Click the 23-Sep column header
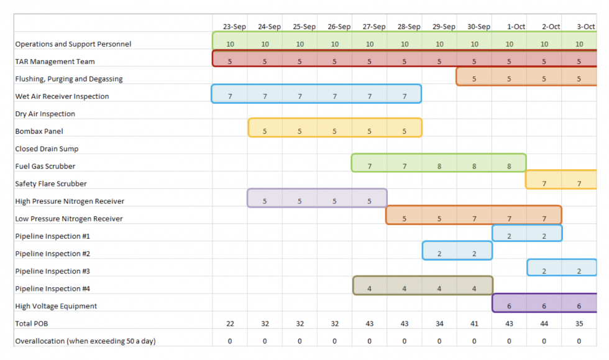tap(234, 27)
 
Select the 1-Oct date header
tap(516, 27)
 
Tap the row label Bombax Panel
tap(39, 131)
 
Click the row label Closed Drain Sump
tap(47, 149)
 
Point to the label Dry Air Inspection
tap(45, 114)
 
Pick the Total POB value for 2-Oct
tap(544, 323)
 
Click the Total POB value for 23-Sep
tap(230, 323)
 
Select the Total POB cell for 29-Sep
tap(439, 323)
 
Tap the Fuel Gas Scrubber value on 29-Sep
tap(439, 167)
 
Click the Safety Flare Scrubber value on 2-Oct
tap(544, 184)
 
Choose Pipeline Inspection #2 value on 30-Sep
tap(474, 254)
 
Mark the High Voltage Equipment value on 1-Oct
tap(509, 307)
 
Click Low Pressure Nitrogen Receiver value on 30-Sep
tap(474, 219)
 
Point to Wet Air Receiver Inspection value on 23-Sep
tap(230, 96)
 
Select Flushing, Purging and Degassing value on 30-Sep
tap(474, 79)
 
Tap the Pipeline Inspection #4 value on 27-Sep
tap(369, 289)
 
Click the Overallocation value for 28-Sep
tap(405, 341)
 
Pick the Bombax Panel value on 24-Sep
tap(265, 131)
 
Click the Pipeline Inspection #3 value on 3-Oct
tap(579, 271)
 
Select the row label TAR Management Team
tap(55, 62)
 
